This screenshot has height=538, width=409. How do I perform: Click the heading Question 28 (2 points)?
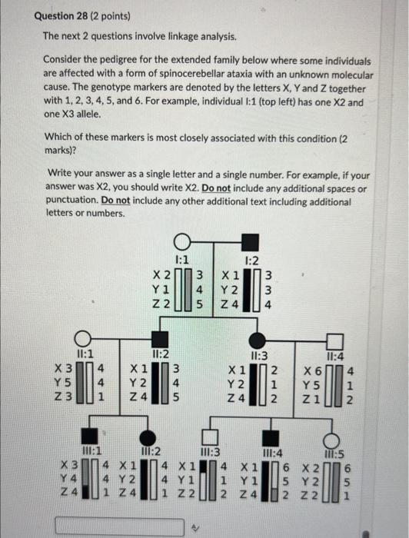tap(87, 15)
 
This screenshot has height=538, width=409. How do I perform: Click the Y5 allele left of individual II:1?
tap(64, 381)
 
